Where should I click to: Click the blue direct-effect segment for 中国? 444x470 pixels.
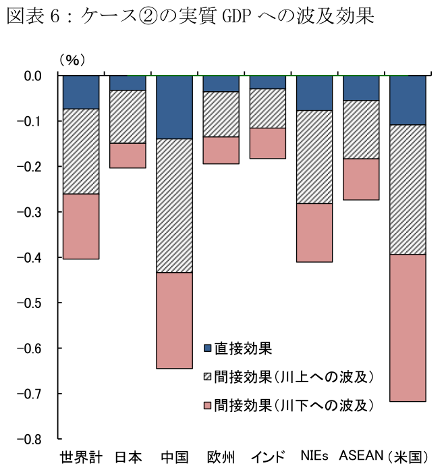[175, 107]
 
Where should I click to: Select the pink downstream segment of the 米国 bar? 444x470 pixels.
[408, 328]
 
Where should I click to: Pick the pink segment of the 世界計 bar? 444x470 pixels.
[81, 226]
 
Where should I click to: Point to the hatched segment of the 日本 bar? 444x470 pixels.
[128, 117]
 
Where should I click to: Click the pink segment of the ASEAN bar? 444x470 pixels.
[361, 179]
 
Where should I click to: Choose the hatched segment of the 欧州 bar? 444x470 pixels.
[221, 114]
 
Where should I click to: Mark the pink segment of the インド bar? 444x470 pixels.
[268, 143]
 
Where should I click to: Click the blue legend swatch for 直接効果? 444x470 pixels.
[208, 349]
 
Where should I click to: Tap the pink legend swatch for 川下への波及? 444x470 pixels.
[208, 405]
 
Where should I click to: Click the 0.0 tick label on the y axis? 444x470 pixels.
[32, 76]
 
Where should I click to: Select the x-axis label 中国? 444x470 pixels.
[175, 456]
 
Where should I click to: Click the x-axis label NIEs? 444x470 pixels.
[314, 456]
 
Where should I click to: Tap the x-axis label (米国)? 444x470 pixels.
[408, 456]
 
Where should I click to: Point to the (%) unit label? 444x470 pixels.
[72, 60]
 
